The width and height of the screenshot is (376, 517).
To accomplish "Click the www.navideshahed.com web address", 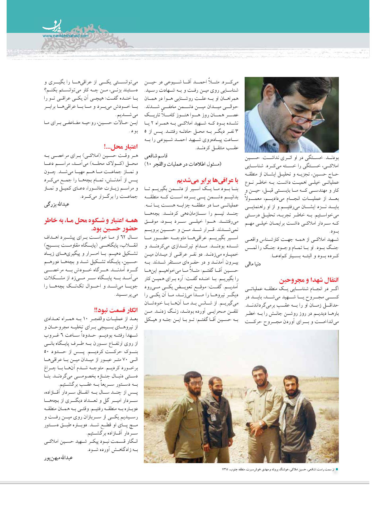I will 65,36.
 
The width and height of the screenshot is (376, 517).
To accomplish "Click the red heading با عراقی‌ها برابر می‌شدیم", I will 208,181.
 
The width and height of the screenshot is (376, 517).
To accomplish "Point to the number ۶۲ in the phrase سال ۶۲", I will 131,236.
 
